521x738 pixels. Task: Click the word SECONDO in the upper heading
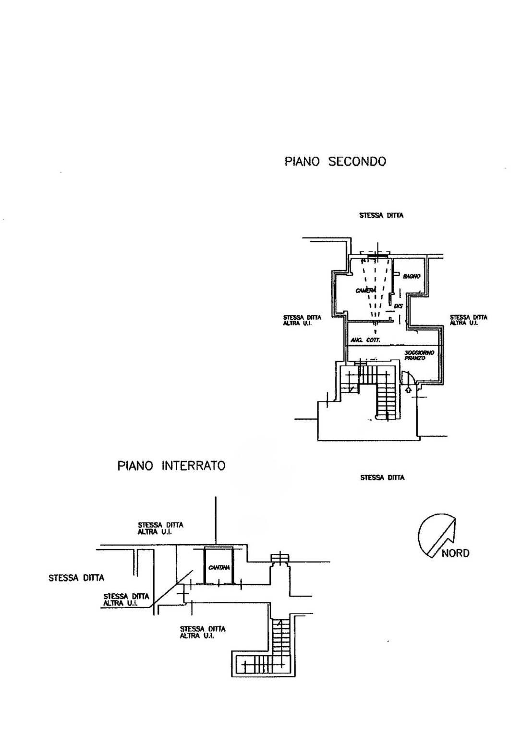[x=357, y=161]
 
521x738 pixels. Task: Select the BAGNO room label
[x=412, y=276]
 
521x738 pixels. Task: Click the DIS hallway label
[x=398, y=306]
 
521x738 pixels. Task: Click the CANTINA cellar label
[x=219, y=567]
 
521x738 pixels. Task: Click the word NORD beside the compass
[x=455, y=553]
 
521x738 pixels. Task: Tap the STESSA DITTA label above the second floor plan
[x=381, y=215]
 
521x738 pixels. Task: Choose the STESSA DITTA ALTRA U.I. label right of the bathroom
[x=468, y=320]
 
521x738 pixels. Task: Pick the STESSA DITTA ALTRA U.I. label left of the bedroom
[x=302, y=320]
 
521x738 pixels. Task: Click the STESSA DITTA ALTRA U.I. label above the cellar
[x=160, y=528]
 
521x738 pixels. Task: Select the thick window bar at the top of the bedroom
[x=376, y=255]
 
